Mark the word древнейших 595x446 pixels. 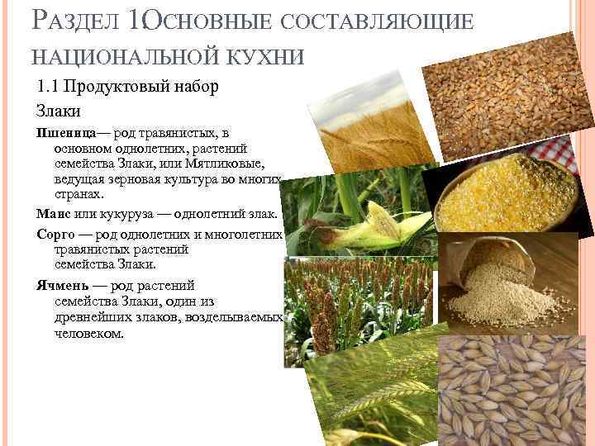pyautogui.click(x=87, y=319)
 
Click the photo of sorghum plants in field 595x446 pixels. pyautogui.click(x=355, y=306)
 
